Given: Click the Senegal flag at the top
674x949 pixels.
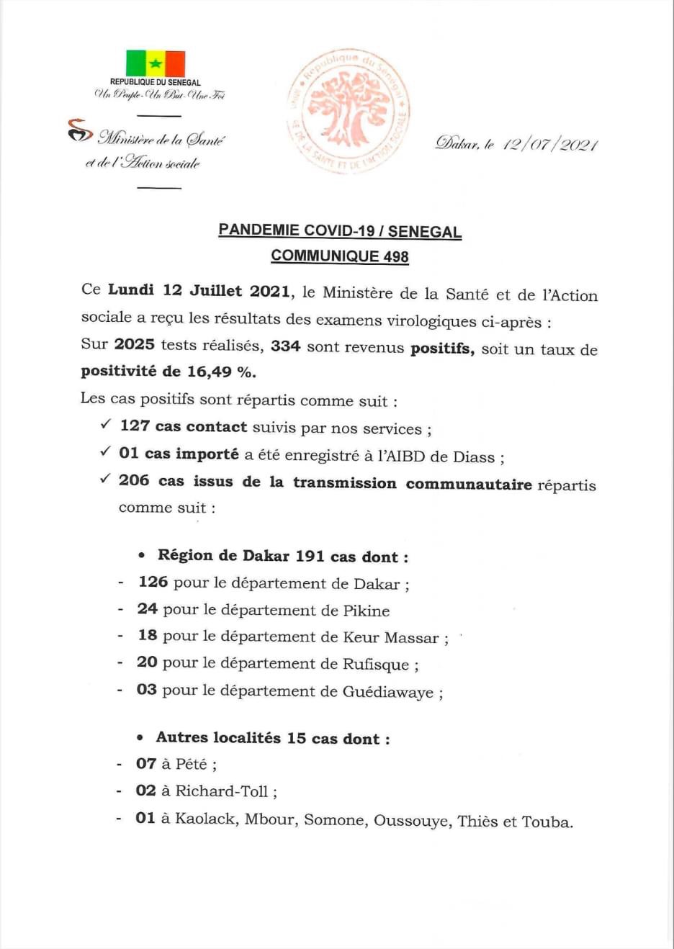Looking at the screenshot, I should tap(156, 63).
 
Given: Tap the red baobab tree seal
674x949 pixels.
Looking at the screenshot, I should tap(349, 109).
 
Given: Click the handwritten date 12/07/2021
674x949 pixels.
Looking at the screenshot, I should tap(550, 144).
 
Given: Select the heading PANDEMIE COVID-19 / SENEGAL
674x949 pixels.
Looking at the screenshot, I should tap(340, 231).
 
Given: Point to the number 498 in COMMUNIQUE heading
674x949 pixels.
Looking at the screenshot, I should tap(395, 256).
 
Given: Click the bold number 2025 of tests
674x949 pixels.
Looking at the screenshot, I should tap(134, 344).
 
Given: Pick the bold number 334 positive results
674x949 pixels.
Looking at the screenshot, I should tap(285, 346).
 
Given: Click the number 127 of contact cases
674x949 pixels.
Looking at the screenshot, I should tap(135, 426).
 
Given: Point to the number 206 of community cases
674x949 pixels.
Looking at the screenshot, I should tap(134, 480).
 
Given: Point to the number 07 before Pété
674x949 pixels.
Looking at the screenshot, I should tap(146, 764).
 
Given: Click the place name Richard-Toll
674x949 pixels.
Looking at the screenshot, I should tap(222, 791).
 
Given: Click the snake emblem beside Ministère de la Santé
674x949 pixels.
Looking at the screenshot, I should tap(80, 131).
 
